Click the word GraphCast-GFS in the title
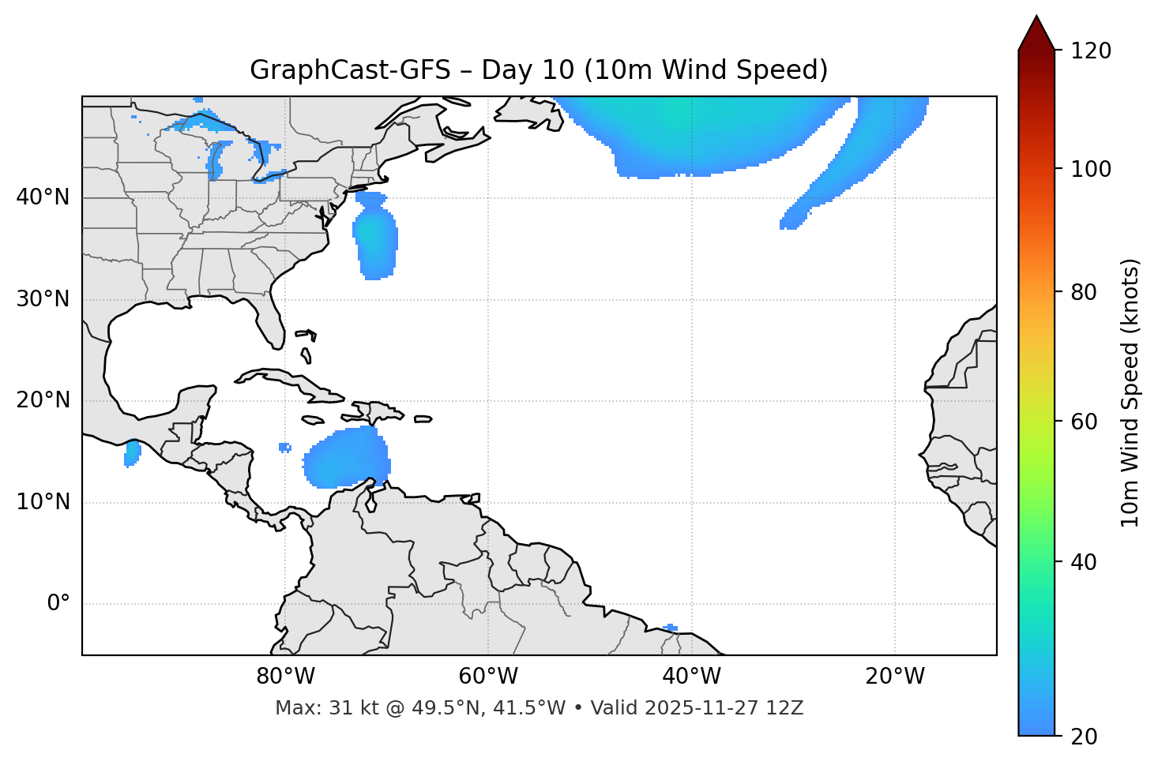coord(349,70)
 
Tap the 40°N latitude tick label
coord(43,197)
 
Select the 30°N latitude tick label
coord(43,299)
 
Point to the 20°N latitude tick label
coord(43,400)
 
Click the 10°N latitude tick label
coord(43,502)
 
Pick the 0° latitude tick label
coord(58,604)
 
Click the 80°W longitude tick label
coord(285,677)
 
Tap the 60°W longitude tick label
coord(488,677)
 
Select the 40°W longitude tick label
coord(691,677)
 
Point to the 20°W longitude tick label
coord(894,677)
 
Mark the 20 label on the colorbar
coord(1084,737)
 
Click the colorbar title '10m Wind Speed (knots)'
coord(1130,392)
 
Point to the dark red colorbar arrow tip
coord(1036,19)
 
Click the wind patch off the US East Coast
coord(375,237)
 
